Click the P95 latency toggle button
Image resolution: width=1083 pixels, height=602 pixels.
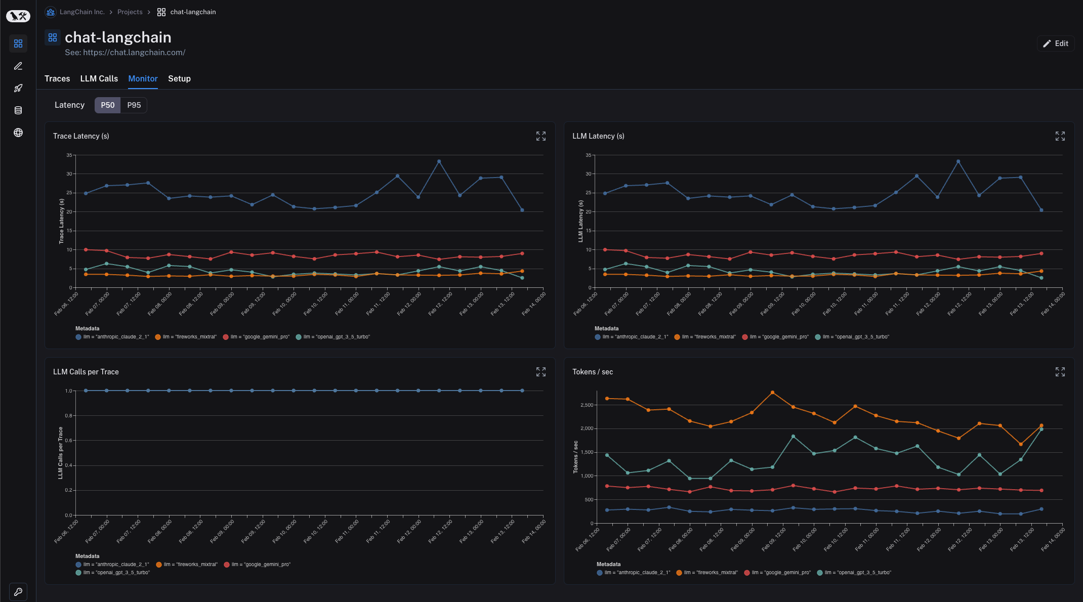[134, 105]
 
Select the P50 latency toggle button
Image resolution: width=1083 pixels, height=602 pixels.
[107, 105]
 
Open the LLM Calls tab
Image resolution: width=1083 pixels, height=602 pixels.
[99, 78]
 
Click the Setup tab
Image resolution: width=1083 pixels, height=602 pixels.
[179, 78]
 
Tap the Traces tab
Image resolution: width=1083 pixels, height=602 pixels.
[57, 78]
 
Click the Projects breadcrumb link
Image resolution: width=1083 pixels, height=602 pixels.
[130, 12]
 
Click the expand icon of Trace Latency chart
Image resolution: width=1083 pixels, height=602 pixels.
[540, 136]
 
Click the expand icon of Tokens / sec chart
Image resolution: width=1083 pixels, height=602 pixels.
[1060, 372]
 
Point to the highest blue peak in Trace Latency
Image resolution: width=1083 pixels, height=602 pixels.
[439, 161]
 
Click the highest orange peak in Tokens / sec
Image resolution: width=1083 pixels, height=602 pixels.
[772, 393]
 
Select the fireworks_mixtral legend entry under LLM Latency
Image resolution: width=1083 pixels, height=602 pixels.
[708, 337]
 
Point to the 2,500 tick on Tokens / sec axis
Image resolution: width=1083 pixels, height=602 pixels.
[587, 405]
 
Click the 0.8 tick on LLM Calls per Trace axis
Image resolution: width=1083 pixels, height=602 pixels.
[68, 416]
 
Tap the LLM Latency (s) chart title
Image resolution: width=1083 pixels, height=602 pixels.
[598, 136]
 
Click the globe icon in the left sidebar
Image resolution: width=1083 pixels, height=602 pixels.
[18, 133]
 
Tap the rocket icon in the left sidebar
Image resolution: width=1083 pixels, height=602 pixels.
[18, 88]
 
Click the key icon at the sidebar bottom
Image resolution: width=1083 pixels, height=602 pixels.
[18, 591]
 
